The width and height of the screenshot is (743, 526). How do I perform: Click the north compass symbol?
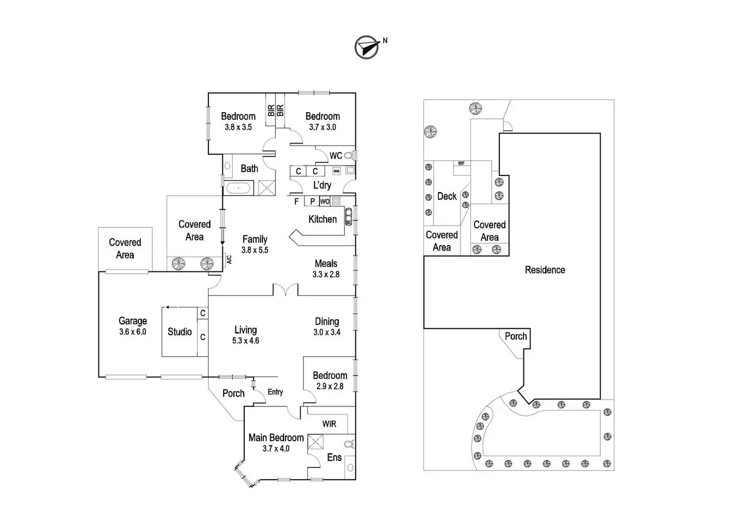(x=367, y=47)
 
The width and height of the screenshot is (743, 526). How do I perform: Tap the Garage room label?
(x=133, y=321)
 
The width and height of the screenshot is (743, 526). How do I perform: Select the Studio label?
(x=180, y=332)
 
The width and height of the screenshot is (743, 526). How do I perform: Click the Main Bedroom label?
(x=276, y=438)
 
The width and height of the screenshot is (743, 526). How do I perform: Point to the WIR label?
(x=329, y=424)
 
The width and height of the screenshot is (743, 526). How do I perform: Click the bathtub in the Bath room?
(x=238, y=188)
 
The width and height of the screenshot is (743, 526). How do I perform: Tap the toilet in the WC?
(x=348, y=156)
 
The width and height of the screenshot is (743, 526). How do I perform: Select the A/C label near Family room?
(x=229, y=260)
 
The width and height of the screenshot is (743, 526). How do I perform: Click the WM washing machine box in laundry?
(x=336, y=171)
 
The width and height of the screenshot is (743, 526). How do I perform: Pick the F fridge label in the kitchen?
(x=296, y=202)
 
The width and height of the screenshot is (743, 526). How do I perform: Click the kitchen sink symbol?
(x=348, y=216)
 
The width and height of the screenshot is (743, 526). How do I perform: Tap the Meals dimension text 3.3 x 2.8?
(x=326, y=274)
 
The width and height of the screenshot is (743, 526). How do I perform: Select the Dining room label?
(x=327, y=321)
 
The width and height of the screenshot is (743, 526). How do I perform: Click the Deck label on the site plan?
(x=447, y=196)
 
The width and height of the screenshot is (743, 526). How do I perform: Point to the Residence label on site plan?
(x=545, y=270)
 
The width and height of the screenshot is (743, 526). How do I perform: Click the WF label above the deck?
(x=461, y=164)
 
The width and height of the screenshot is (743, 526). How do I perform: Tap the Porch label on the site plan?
(x=516, y=337)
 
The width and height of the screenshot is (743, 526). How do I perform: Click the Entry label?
(x=275, y=392)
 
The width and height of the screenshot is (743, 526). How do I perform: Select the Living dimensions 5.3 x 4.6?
(x=246, y=341)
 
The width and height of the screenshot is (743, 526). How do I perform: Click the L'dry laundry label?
(x=322, y=185)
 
